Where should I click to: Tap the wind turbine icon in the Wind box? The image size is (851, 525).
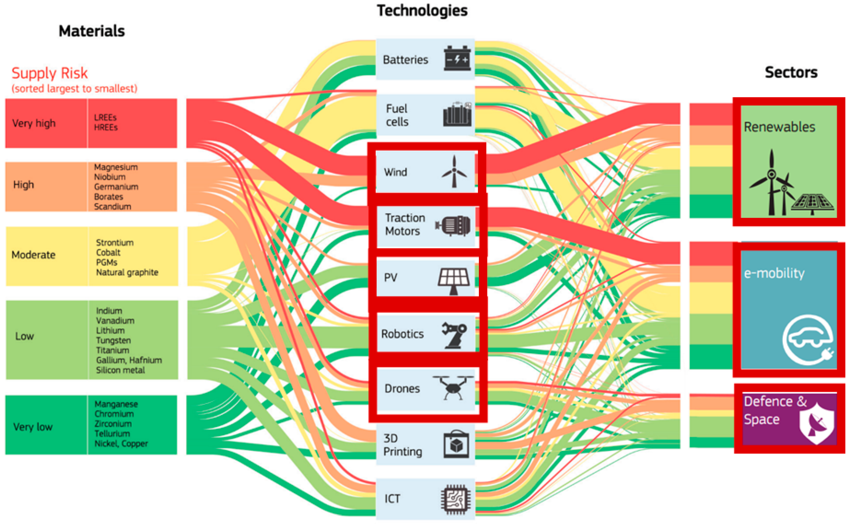[454, 171]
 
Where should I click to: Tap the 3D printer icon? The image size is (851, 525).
[456, 445]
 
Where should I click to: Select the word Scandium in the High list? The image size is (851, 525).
[112, 207]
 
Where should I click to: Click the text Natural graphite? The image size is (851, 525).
[127, 272]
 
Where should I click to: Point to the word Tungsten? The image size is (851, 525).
[114, 340]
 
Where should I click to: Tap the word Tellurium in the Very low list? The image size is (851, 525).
[112, 433]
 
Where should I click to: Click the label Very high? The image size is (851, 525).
[34, 123]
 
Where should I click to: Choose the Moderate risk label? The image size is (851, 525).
[33, 255]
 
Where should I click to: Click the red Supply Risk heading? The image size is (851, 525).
[50, 73]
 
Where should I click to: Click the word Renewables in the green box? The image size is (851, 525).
[779, 127]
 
